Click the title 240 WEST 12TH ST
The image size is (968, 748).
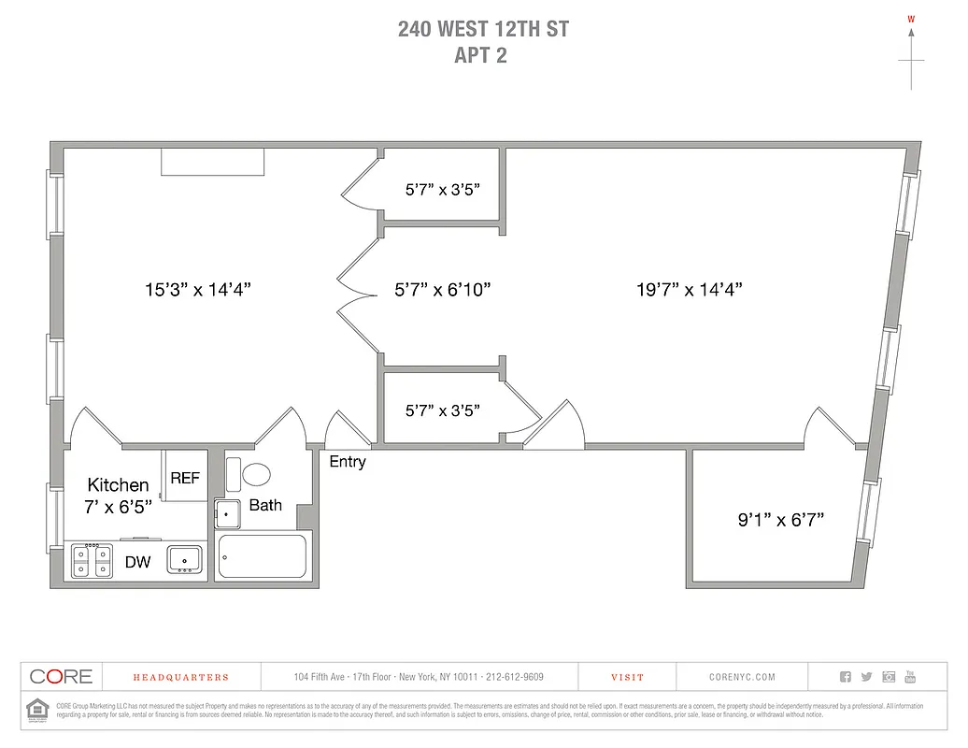[483, 29]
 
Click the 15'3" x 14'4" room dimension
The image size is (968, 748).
[197, 290]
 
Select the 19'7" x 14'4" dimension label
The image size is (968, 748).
[689, 290]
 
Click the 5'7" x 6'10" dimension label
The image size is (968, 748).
[443, 290]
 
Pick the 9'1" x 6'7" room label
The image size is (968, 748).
[780, 519]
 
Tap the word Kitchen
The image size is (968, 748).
[118, 484]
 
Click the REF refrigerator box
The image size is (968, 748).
[185, 477]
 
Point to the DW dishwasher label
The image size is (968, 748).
[138, 562]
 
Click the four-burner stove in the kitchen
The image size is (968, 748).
[92, 560]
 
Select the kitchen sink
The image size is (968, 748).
[185, 560]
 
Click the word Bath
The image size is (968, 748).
[265, 505]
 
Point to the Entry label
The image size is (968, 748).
[348, 462]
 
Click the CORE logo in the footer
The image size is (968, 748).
[62, 677]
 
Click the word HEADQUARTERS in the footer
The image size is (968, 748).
[180, 677]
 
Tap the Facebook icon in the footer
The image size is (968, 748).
[846, 677]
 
